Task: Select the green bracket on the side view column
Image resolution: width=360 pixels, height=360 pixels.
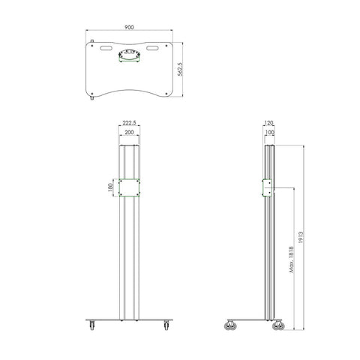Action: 265,187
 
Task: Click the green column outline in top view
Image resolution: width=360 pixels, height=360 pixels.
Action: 128,55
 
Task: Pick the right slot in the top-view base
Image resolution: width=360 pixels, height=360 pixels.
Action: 154,49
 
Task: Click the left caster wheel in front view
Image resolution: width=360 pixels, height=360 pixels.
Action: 91,325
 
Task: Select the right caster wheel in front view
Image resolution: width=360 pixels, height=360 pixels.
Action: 165,325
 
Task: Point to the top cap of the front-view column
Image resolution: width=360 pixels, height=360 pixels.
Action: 128,147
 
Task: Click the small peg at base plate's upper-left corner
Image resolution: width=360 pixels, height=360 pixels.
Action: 91,42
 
